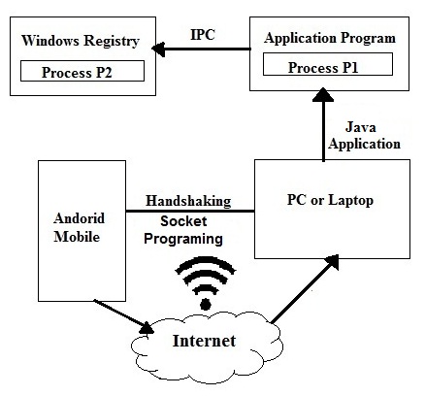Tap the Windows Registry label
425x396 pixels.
point(81,41)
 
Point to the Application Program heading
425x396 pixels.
point(330,39)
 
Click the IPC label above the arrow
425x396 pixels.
point(203,35)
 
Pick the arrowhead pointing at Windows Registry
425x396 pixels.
point(158,49)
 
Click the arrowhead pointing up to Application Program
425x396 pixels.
point(323,94)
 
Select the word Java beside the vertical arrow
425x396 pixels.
point(361,127)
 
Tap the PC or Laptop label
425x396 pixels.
point(330,200)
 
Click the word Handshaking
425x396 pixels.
point(188,201)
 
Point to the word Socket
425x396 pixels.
point(183,221)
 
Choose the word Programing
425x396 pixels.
point(183,240)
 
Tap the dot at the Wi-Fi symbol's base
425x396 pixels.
point(206,304)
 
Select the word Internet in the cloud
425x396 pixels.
point(204,341)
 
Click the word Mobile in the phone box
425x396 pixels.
point(77,237)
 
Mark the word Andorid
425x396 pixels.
point(80,218)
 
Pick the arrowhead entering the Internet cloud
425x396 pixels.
point(147,328)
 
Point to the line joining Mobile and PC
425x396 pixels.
point(190,211)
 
